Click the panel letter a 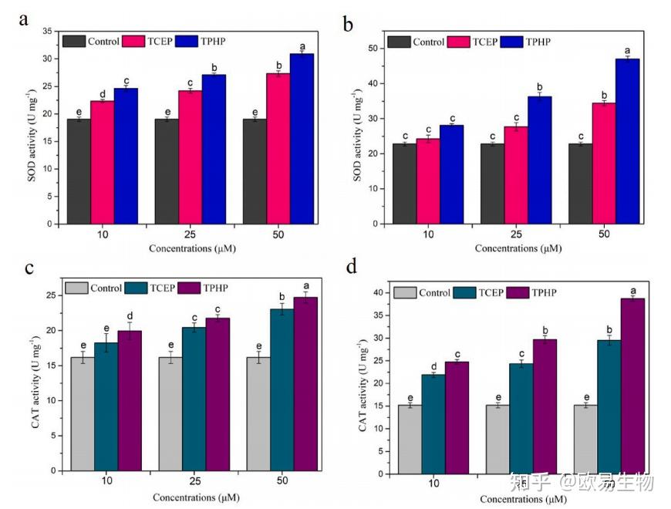pos(24,20)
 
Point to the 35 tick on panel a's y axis pos(47,31)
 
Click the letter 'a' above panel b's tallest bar pos(627,49)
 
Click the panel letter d pos(351,268)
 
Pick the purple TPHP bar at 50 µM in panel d pos(632,386)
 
